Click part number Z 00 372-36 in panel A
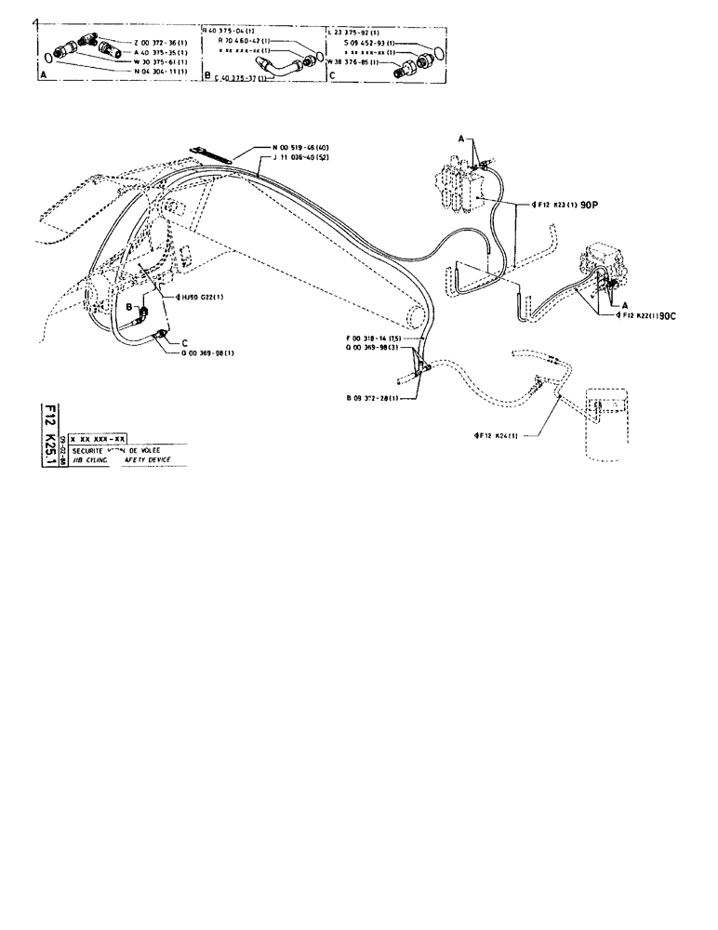(162, 44)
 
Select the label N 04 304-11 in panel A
(162, 71)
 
